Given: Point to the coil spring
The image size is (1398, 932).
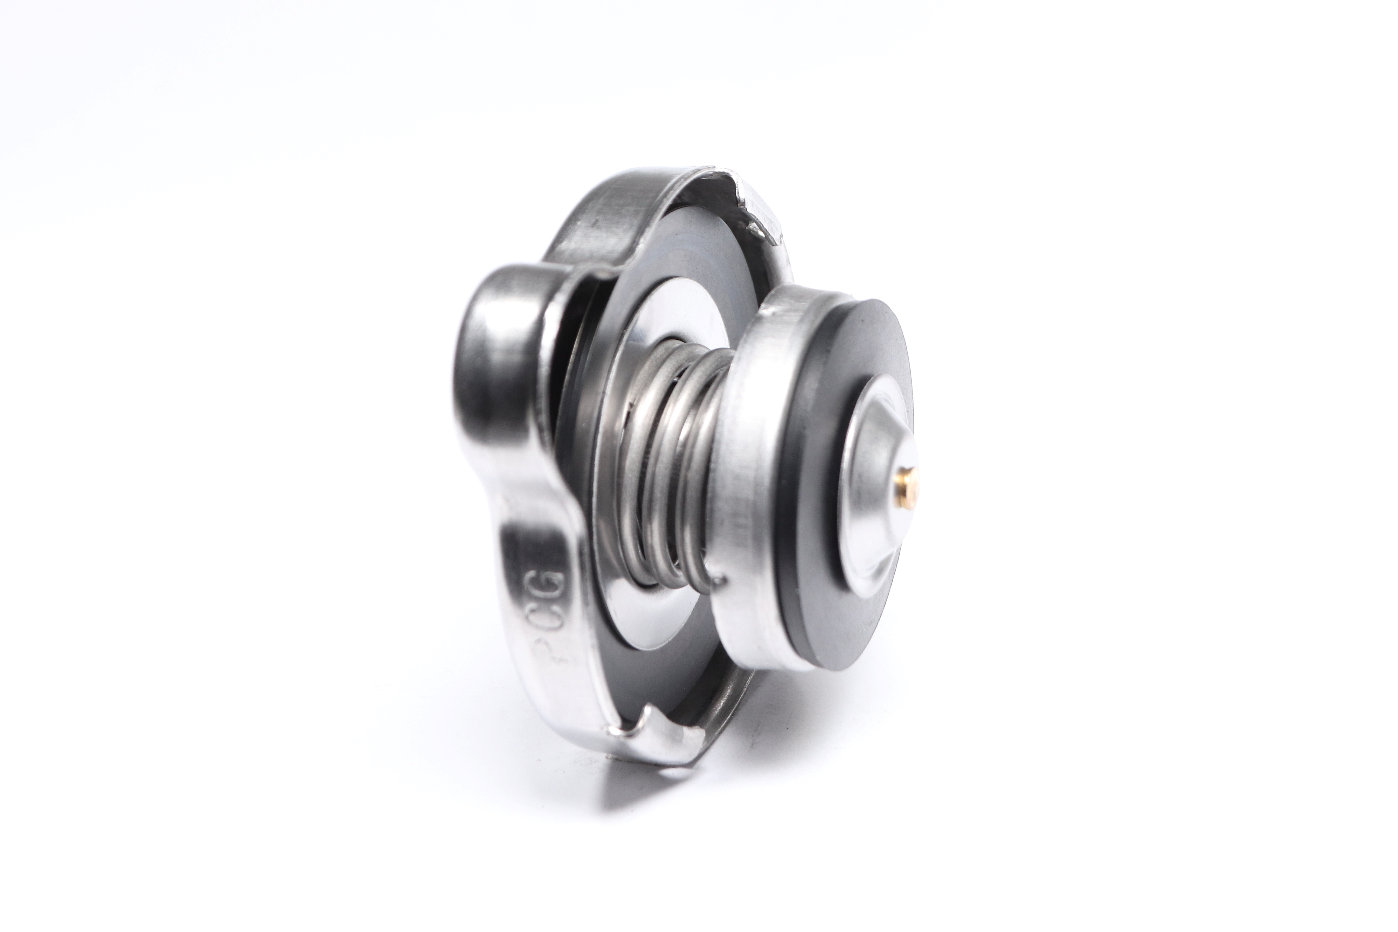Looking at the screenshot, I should (666, 464).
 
